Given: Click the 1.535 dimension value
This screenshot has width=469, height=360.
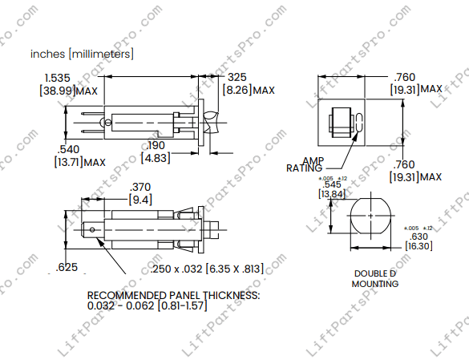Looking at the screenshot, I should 59,78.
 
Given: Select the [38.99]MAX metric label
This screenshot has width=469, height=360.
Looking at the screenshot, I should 68,91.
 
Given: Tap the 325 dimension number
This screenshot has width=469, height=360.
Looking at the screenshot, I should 237,77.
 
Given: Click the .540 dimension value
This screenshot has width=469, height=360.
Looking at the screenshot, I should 68,149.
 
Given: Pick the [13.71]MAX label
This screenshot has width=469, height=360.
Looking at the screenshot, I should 79,162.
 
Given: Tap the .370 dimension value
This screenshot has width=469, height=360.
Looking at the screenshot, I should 140,186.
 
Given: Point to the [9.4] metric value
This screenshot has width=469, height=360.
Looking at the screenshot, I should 140,199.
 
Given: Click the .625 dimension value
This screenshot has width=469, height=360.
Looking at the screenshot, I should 67,267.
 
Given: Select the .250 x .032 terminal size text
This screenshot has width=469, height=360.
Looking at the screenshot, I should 206,268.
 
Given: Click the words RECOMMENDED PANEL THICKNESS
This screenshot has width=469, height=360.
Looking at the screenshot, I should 173,296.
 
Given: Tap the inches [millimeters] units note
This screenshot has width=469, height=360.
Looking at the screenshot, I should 82,54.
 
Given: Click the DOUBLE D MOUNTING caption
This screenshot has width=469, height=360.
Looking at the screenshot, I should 375,279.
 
